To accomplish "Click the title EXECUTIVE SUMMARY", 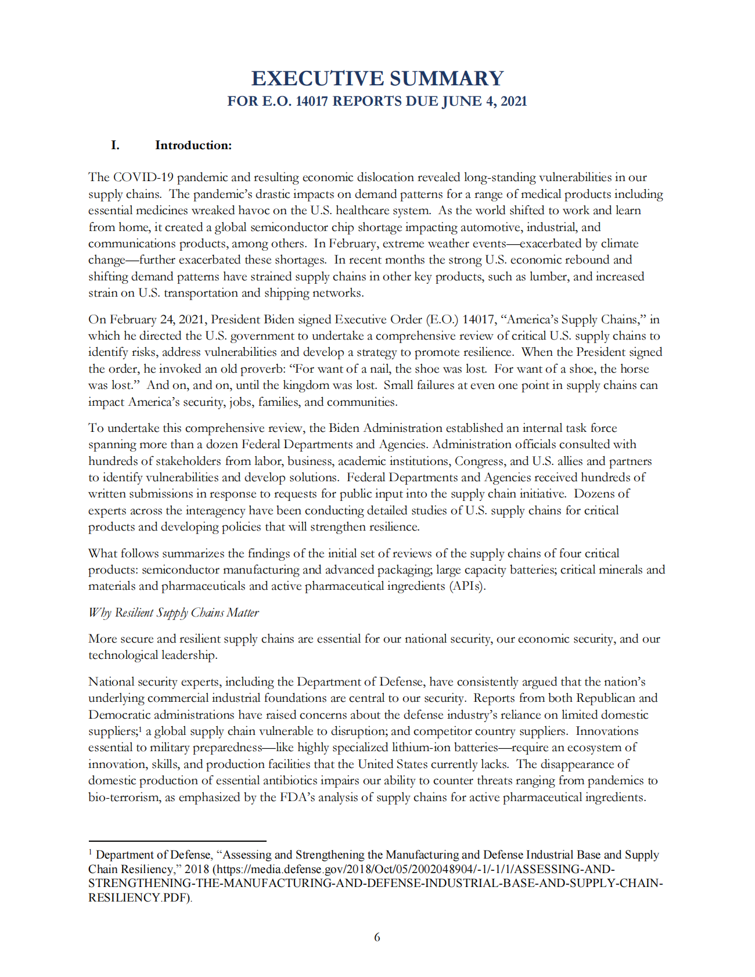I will click(x=377, y=78).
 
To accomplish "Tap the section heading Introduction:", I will click(x=193, y=145).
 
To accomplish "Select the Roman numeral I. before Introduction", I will click(x=115, y=145).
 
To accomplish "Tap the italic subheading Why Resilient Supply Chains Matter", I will click(x=173, y=612).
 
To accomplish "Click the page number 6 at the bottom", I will click(x=377, y=937).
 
